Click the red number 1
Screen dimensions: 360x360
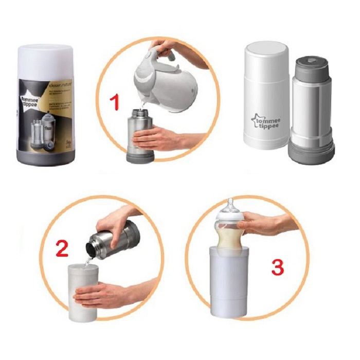[x=115, y=101]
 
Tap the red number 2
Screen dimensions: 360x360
[x=62, y=248]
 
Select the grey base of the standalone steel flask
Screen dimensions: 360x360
[x=311, y=152]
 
